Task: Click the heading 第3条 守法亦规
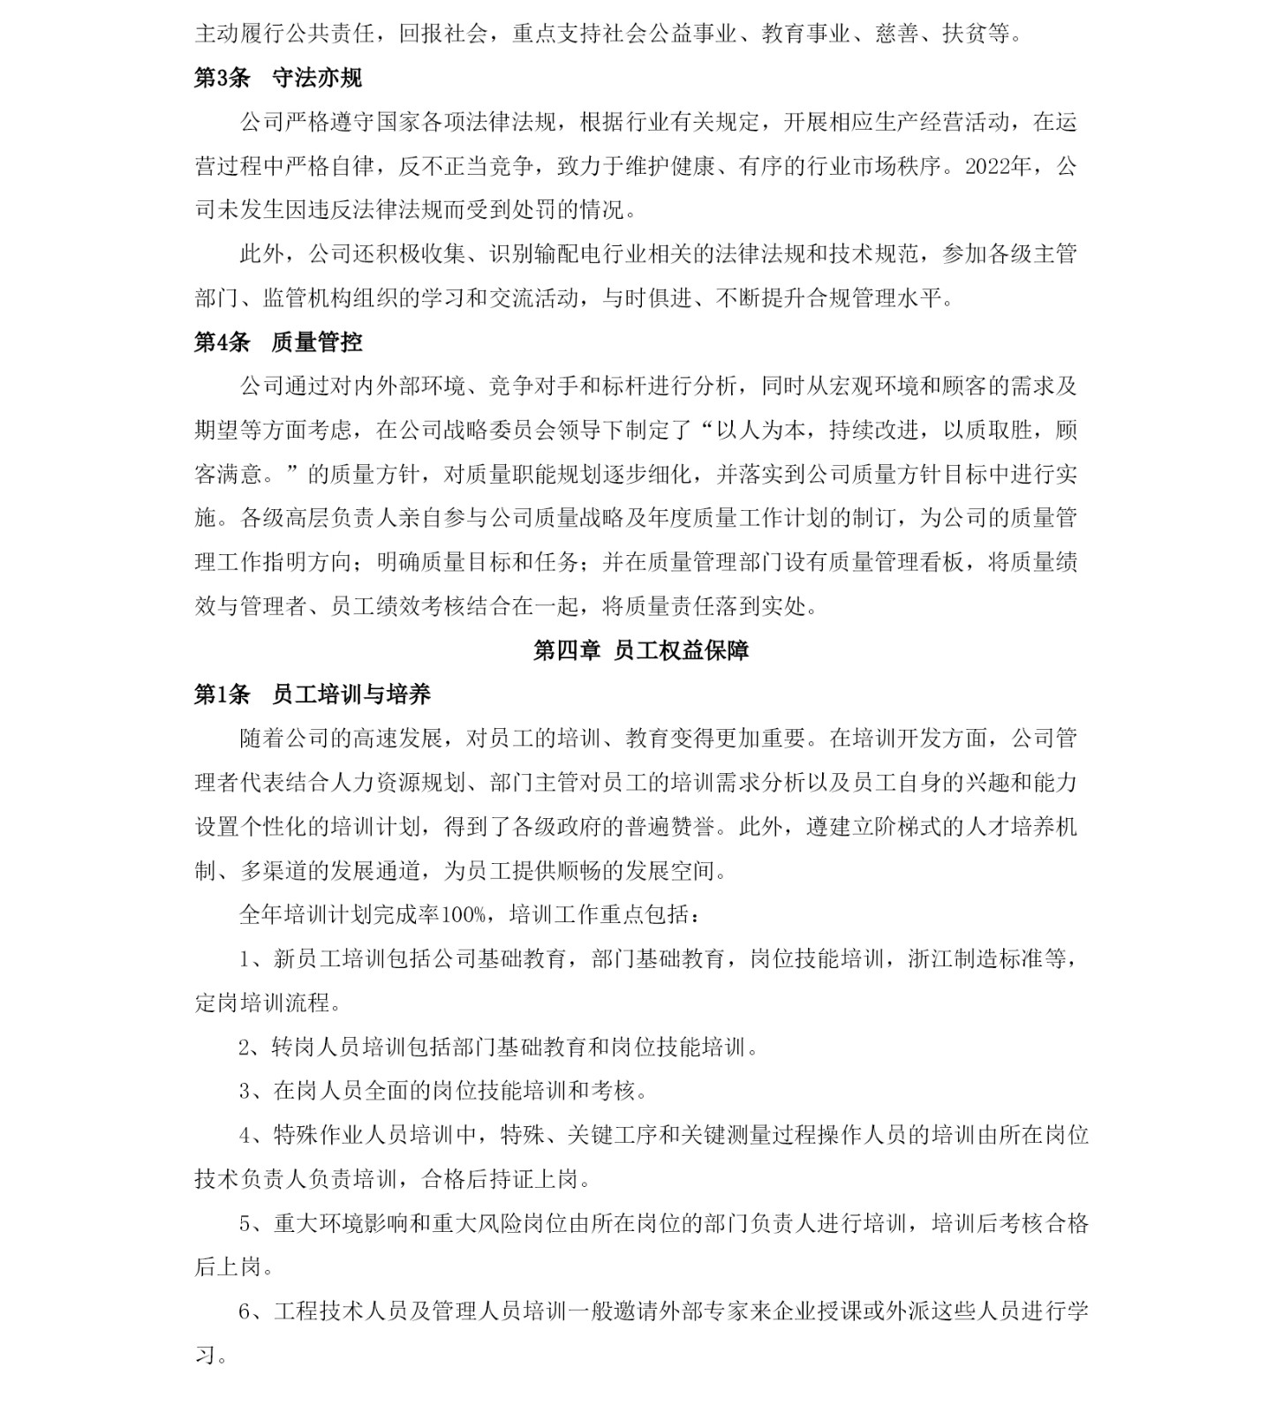point(277,78)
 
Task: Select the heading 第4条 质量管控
point(277,342)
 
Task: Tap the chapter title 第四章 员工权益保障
point(641,650)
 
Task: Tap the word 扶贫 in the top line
point(965,34)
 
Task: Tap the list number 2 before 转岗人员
point(245,1048)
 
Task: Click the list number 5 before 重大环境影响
point(245,1224)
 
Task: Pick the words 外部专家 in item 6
point(703,1311)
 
